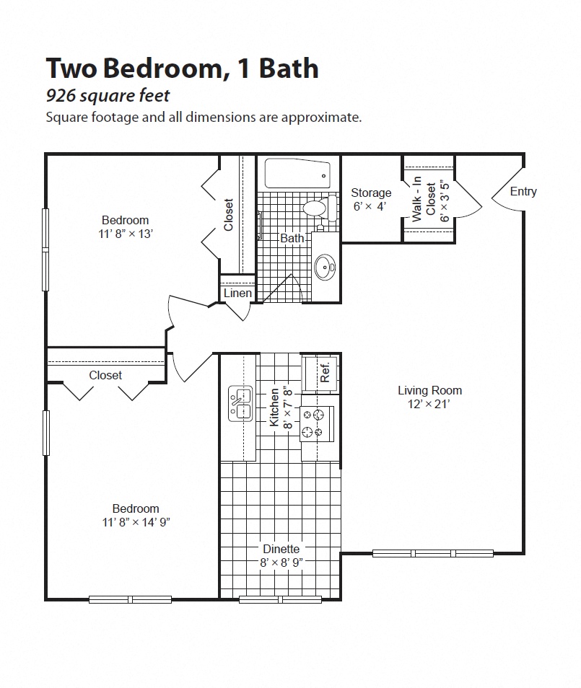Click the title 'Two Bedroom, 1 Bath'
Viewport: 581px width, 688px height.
tap(182, 69)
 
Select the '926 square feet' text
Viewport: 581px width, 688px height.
tap(108, 95)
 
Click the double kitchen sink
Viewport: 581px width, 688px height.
tap(240, 403)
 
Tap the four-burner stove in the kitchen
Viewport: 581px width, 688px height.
tap(317, 423)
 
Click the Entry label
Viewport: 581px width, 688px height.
tap(523, 191)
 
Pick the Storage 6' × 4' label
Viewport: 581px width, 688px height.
tap(371, 200)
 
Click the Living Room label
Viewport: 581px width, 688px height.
tap(429, 390)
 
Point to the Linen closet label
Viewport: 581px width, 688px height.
tap(237, 294)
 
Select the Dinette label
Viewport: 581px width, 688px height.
tap(281, 550)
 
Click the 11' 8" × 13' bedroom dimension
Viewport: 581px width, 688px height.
tap(125, 234)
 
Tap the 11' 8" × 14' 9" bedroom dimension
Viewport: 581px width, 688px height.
tap(136, 522)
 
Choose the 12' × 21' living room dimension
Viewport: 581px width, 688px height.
tap(429, 404)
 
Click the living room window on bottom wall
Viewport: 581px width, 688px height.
tap(432, 553)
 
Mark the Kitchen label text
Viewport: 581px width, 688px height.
tap(274, 407)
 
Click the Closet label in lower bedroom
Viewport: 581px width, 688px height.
tap(105, 375)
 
